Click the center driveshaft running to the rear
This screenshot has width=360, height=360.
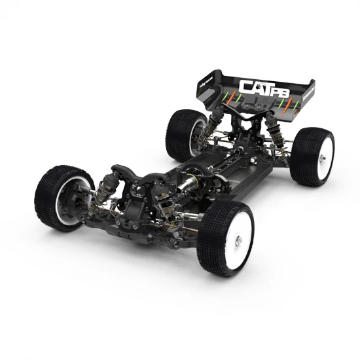[x=216, y=164]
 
